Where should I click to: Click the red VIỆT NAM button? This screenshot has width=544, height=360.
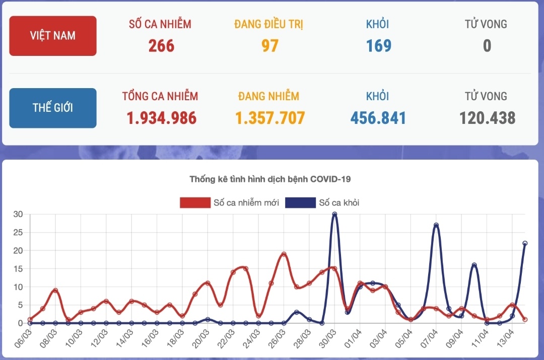point(53,36)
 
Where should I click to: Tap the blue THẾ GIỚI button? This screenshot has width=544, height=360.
point(53,108)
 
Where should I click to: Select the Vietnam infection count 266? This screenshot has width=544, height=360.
point(161,46)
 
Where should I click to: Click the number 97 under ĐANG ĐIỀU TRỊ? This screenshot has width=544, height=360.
point(270,46)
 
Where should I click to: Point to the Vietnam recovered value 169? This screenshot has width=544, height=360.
point(379,46)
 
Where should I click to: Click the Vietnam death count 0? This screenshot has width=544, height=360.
point(487,46)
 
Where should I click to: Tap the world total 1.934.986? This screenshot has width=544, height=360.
point(161,118)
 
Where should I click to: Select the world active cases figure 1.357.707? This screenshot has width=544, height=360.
point(270,118)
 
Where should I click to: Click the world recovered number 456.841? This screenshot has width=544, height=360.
point(378,118)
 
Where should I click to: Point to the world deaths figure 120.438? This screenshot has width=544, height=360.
point(487,118)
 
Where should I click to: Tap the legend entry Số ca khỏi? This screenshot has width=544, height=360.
point(322,203)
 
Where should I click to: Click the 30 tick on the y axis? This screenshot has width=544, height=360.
point(18,214)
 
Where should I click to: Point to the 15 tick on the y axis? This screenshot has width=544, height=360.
point(18,269)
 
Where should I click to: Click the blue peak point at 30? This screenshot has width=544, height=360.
point(334,214)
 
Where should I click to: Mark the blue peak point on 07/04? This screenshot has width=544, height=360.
point(436,225)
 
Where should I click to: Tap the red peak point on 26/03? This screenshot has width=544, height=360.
point(284,254)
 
